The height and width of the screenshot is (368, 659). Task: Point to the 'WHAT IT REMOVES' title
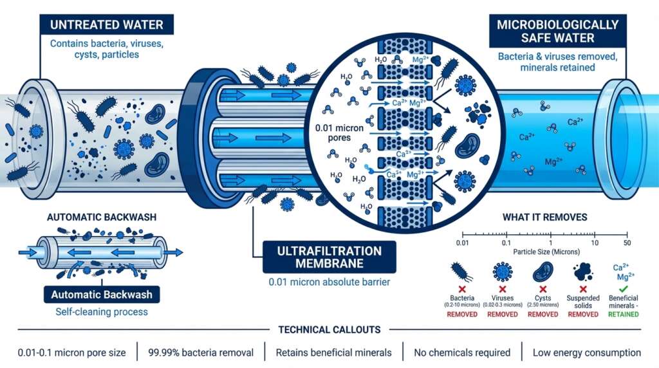(x=544, y=217)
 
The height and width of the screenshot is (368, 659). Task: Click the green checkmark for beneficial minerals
(x=624, y=288)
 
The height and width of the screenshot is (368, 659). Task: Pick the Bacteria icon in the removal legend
(x=461, y=271)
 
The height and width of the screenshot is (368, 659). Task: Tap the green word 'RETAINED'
(x=623, y=314)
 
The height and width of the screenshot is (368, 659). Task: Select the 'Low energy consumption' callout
(x=586, y=353)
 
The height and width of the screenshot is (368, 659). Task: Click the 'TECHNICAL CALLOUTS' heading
(x=329, y=329)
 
